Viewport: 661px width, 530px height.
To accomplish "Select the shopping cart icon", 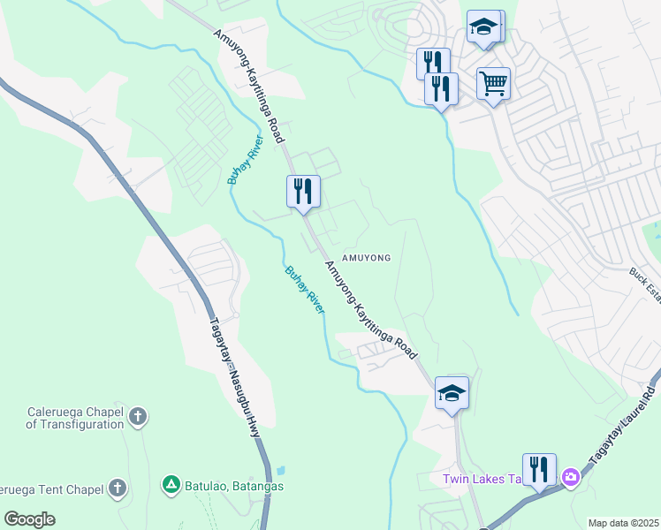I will tap(493, 85).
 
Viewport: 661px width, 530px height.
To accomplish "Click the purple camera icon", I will tap(571, 477).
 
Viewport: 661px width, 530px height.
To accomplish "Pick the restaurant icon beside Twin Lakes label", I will tap(538, 469).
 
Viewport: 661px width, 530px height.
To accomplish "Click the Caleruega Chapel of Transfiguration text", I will tap(74, 418).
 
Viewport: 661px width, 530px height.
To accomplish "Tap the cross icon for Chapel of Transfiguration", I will tap(137, 416).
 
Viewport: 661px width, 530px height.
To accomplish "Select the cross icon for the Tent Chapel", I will tap(118, 488).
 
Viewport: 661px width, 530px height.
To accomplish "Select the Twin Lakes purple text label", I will tap(482, 480).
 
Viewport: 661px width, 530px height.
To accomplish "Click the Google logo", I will tap(29, 519).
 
